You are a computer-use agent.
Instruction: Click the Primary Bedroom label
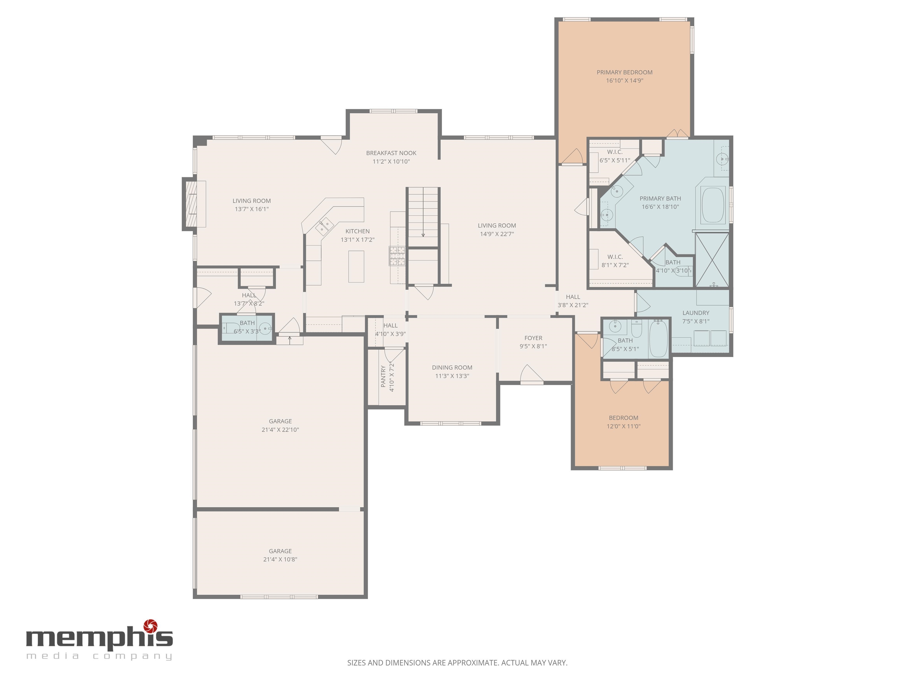tap(624, 72)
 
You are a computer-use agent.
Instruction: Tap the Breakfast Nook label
tap(391, 153)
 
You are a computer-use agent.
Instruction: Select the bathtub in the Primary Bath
tap(712, 205)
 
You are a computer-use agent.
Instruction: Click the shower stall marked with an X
tap(712, 260)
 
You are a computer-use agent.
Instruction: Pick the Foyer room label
tap(533, 338)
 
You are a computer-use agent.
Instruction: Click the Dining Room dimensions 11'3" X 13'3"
tap(452, 376)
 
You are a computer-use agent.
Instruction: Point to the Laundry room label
tap(696, 313)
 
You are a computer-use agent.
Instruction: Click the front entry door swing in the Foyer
tap(532, 374)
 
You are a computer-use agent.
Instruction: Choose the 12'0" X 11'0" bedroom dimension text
tap(623, 426)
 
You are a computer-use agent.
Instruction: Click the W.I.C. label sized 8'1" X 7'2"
tap(615, 257)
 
